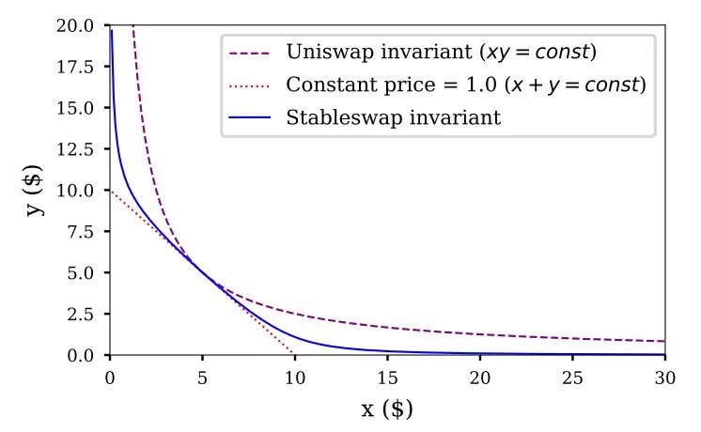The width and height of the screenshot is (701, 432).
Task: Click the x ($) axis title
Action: [387, 409]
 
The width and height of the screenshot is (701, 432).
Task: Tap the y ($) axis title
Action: [36, 191]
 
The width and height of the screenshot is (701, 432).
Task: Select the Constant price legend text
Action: [466, 85]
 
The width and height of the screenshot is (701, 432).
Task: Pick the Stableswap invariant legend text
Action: [393, 118]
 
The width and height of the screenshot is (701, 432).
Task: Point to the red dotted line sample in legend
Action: [250, 85]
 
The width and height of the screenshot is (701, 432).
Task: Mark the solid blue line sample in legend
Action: [250, 118]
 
